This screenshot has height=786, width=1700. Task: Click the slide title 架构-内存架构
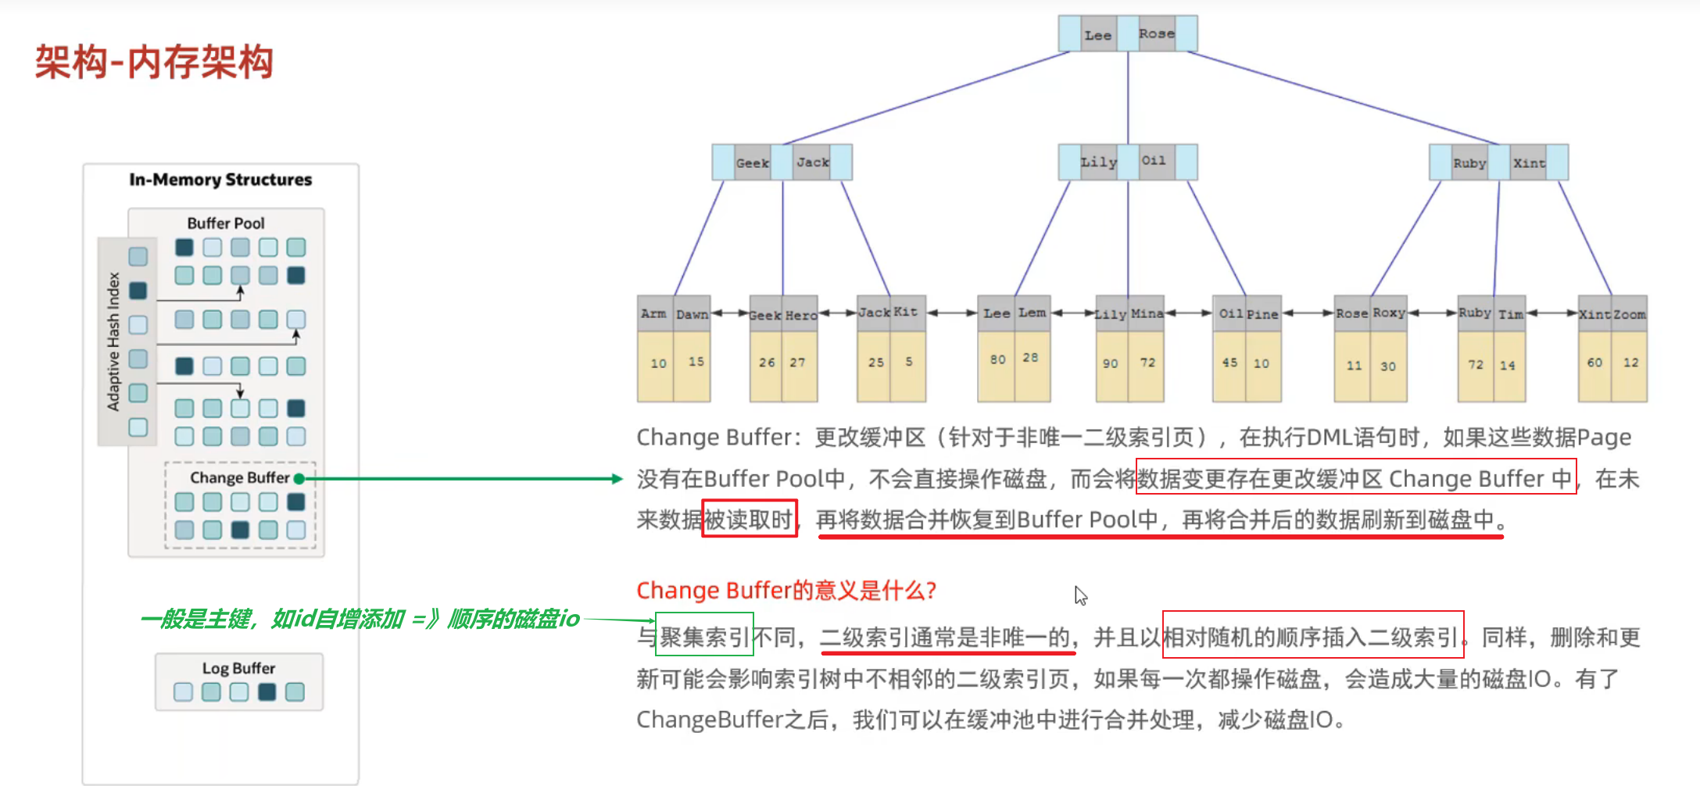tap(154, 63)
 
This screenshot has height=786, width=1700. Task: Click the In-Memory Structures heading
tap(220, 180)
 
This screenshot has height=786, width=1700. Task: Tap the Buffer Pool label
tap(226, 223)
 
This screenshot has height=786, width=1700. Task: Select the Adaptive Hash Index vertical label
tap(113, 341)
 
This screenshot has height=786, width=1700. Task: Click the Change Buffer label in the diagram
tap(239, 477)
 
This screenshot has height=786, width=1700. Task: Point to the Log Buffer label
tap(238, 668)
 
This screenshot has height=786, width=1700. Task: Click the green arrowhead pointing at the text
tap(617, 479)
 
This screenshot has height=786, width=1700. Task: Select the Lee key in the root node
tap(1097, 35)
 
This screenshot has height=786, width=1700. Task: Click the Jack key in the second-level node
tap(812, 163)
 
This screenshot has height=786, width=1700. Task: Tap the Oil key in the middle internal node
tap(1153, 161)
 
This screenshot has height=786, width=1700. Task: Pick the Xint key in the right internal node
tap(1528, 163)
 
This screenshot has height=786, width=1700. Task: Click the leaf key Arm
tap(653, 314)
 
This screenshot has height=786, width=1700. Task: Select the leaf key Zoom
tap(1630, 315)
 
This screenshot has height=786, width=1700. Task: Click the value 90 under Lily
tap(1110, 363)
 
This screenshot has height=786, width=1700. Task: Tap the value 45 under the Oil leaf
tap(1229, 363)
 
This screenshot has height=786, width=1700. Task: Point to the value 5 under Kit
tap(908, 362)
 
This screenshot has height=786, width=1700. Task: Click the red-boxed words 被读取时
tap(749, 519)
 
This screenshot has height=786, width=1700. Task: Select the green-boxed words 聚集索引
tap(704, 637)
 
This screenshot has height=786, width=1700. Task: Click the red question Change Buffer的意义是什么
tap(786, 590)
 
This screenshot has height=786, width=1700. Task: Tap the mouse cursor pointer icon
tap(1080, 595)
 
